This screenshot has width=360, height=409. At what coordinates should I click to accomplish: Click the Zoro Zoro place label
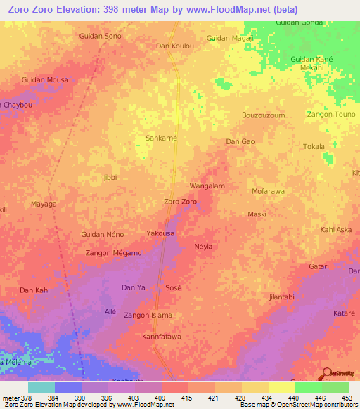(x=180, y=202)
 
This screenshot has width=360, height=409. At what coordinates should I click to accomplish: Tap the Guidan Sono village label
(x=101, y=35)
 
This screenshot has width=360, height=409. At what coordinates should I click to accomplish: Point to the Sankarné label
(x=161, y=138)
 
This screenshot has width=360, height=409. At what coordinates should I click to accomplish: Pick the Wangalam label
(x=207, y=186)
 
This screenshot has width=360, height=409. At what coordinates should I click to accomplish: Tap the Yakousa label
(x=160, y=233)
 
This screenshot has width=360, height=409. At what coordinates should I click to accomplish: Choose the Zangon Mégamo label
(x=113, y=253)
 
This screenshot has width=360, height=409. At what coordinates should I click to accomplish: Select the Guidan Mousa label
(x=45, y=79)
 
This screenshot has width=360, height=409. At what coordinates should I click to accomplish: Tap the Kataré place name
(x=344, y=311)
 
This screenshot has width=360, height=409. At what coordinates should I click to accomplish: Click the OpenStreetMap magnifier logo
(x=326, y=372)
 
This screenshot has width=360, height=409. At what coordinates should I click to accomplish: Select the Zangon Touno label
(x=331, y=114)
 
